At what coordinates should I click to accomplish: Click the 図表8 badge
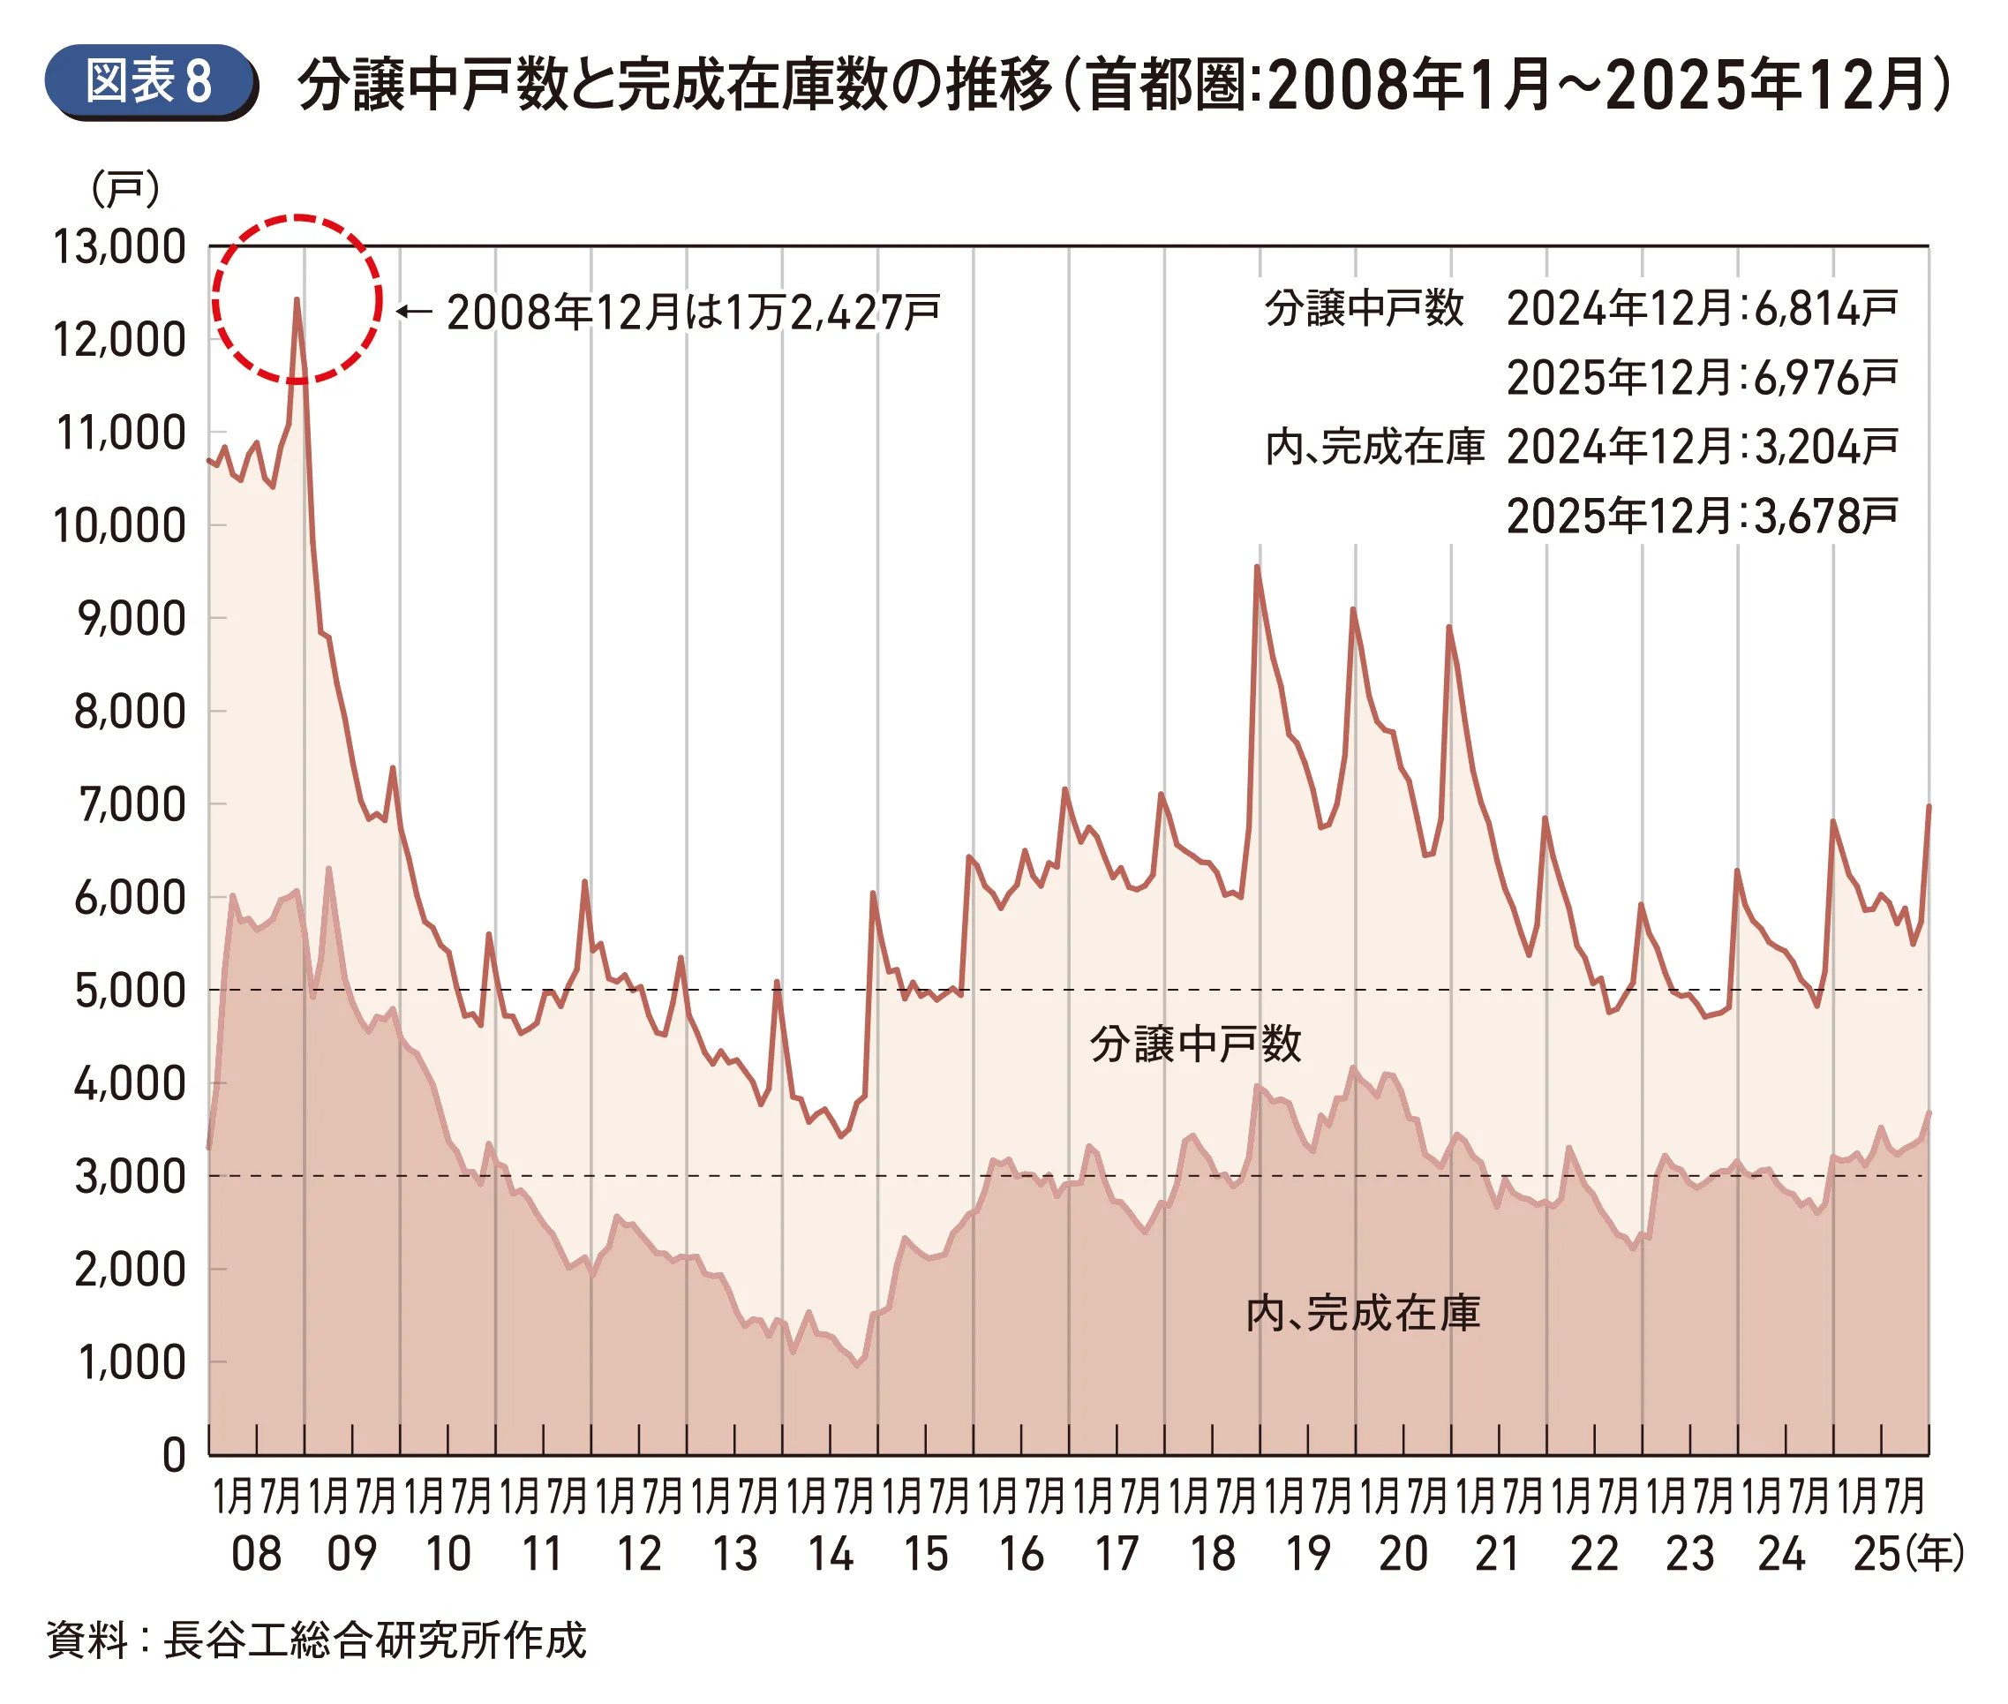click(149, 81)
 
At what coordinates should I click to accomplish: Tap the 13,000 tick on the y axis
click(119, 247)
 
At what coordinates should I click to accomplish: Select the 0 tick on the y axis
click(174, 1455)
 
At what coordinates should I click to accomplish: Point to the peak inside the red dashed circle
click(297, 299)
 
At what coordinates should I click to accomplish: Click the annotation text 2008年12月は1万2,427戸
click(693, 312)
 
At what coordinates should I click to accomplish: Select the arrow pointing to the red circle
click(413, 311)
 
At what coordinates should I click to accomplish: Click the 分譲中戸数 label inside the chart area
click(1195, 1044)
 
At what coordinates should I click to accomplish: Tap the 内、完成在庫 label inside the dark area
click(1362, 1314)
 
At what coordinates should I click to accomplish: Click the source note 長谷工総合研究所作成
click(375, 1640)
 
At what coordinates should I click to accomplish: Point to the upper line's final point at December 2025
click(1928, 805)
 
